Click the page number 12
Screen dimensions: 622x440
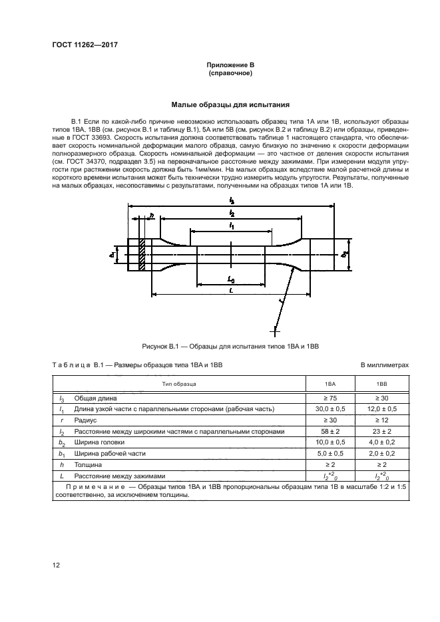[x=56, y=565]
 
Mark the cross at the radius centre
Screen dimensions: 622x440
[x=274, y=327]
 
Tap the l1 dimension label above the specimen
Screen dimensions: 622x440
[x=231, y=227]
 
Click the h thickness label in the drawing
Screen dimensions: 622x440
[x=152, y=215]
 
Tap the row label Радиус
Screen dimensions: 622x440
[x=85, y=420]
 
